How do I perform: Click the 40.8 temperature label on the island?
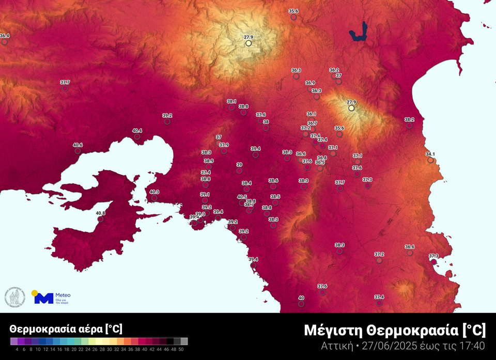click(x=100, y=213)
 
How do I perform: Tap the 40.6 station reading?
click(x=78, y=145)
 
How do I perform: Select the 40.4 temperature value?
click(x=137, y=131)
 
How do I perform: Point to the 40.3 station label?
click(x=154, y=192)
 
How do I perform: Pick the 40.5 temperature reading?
click(x=242, y=197)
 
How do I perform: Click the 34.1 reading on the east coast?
click(x=430, y=154)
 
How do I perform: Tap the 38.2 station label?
click(x=409, y=119)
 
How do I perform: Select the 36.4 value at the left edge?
click(x=5, y=36)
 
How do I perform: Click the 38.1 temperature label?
click(x=231, y=102)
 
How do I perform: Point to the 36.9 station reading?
click(x=310, y=83)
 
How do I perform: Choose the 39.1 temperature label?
click(x=205, y=194)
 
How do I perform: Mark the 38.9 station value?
click(x=209, y=161)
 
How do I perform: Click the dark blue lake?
click(x=360, y=33)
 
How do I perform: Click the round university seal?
click(x=14, y=296)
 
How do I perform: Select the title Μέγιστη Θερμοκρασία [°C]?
click(x=395, y=330)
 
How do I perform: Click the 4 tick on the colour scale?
click(x=17, y=349)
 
